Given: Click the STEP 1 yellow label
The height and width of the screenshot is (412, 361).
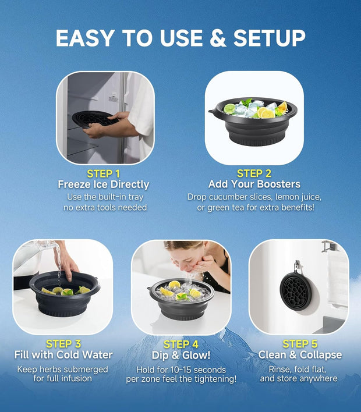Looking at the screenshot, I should pos(103,173).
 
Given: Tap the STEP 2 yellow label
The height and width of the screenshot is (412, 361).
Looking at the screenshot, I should pos(254,173).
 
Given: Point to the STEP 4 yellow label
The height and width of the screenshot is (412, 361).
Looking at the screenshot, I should pos(181,344).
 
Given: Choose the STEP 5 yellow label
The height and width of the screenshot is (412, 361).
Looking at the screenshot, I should pos(300,344).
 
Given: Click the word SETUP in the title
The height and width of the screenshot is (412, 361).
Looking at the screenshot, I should pos(269,38).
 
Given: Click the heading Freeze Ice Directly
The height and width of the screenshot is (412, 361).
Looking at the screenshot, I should pos(103,184).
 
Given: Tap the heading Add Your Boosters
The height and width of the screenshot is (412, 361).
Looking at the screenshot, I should pos(254,184).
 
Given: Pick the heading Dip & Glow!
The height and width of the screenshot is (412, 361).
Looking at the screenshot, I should pos(181,356).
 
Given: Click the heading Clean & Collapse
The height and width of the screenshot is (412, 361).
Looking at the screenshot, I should pos(300,355).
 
